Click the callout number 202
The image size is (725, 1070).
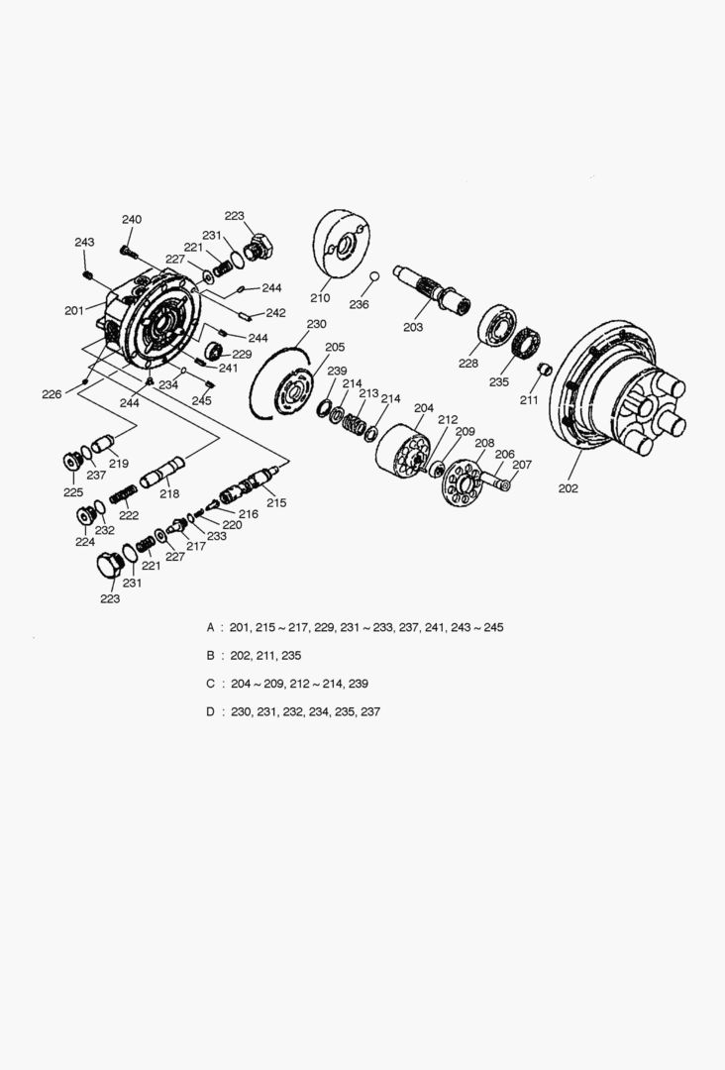coord(568,487)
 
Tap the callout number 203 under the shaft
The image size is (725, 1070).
coord(413,327)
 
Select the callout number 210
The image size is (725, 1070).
coord(320,297)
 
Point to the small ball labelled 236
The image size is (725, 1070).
coord(374,275)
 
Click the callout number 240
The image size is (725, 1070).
coord(132,219)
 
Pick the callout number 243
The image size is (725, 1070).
coord(84,243)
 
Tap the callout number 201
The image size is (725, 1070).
coord(74,310)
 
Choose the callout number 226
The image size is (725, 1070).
coord(52,393)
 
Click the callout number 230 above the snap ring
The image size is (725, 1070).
coord(317,324)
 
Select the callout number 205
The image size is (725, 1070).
coord(335,347)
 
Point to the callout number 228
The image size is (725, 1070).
coord(467,363)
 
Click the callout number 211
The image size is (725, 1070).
coord(529,400)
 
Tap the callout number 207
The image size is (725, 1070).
coord(522,465)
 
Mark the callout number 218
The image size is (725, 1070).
coord(169,493)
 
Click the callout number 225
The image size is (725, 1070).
coord(73,492)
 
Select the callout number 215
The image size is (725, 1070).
coord(276,503)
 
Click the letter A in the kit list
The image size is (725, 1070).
coord(211,627)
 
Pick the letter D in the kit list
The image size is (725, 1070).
coord(211,711)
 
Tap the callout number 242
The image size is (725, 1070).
coord(275,313)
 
